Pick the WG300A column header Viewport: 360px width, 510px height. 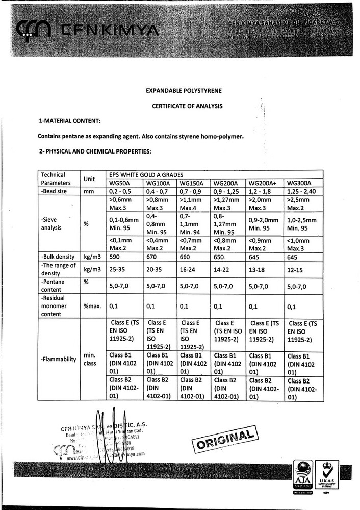[299, 183]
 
